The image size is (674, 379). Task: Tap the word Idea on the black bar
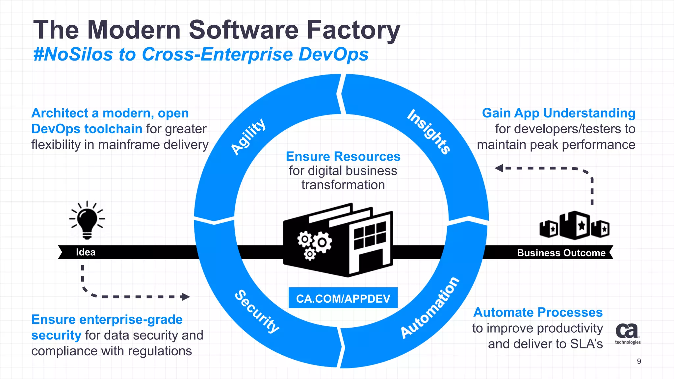(x=86, y=252)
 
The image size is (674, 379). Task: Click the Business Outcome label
(x=561, y=253)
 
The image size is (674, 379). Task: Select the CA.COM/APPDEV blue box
(x=343, y=298)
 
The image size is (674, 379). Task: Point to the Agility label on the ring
(x=248, y=136)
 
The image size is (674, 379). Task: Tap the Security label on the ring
(x=257, y=311)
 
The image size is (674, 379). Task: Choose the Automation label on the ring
(x=429, y=308)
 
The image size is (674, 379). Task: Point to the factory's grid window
(x=370, y=236)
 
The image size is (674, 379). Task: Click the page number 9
(x=639, y=361)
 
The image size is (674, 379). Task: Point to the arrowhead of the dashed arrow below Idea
(x=186, y=297)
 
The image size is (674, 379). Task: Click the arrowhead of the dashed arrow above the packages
(x=499, y=168)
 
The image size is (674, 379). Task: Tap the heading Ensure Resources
(x=343, y=157)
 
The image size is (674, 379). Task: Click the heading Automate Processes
(x=538, y=312)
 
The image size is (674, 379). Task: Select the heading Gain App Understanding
(x=558, y=113)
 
